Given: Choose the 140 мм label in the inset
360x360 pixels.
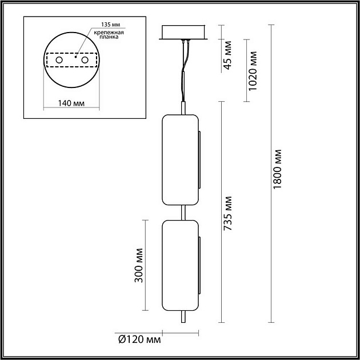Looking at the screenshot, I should [x=72, y=103].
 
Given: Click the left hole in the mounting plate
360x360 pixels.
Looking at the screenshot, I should [x=59, y=60].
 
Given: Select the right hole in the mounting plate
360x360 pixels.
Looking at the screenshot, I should [x=85, y=60].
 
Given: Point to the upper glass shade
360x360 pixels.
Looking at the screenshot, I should [x=181, y=160].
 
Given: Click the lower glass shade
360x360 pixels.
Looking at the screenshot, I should [x=181, y=265].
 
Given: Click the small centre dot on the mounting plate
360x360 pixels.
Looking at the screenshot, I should [x=76, y=57].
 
